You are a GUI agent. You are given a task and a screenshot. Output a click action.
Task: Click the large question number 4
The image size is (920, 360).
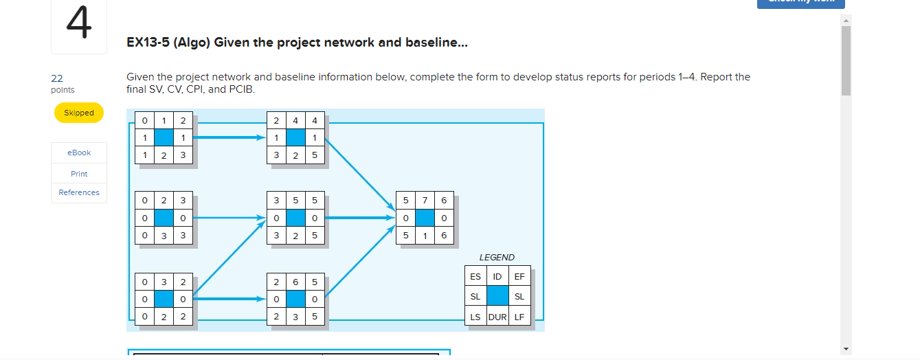78,25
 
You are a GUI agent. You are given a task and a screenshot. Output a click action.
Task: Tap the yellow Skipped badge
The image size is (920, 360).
79,113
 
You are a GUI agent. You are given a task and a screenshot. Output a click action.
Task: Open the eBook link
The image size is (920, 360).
79,153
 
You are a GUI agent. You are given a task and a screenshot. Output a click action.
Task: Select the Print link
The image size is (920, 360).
79,174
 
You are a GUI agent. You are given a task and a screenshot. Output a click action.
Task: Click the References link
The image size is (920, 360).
79,192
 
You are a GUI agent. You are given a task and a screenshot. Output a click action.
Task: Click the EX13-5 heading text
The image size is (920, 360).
297,43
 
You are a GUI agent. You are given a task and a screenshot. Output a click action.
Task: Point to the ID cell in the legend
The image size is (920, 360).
497,277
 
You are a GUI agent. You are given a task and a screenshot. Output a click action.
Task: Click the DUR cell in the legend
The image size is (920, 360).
497,317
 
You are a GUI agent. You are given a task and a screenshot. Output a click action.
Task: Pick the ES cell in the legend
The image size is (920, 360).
475,277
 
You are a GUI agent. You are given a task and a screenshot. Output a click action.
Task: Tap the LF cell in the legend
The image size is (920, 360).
519,317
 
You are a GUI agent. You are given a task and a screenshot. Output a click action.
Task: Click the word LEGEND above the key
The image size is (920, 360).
497,258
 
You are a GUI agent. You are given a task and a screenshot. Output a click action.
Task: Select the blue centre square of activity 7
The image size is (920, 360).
425,218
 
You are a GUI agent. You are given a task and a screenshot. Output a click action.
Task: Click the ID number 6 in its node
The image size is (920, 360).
295,282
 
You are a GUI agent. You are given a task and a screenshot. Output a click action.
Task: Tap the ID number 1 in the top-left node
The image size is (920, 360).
164,121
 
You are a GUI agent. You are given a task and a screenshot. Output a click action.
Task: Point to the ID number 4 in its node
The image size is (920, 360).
295,121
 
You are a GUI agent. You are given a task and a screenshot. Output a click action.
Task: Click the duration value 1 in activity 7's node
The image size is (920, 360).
425,236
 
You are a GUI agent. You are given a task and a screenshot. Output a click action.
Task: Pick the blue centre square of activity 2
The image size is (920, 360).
164,218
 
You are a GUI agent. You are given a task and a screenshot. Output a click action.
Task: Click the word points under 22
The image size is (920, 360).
63,90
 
